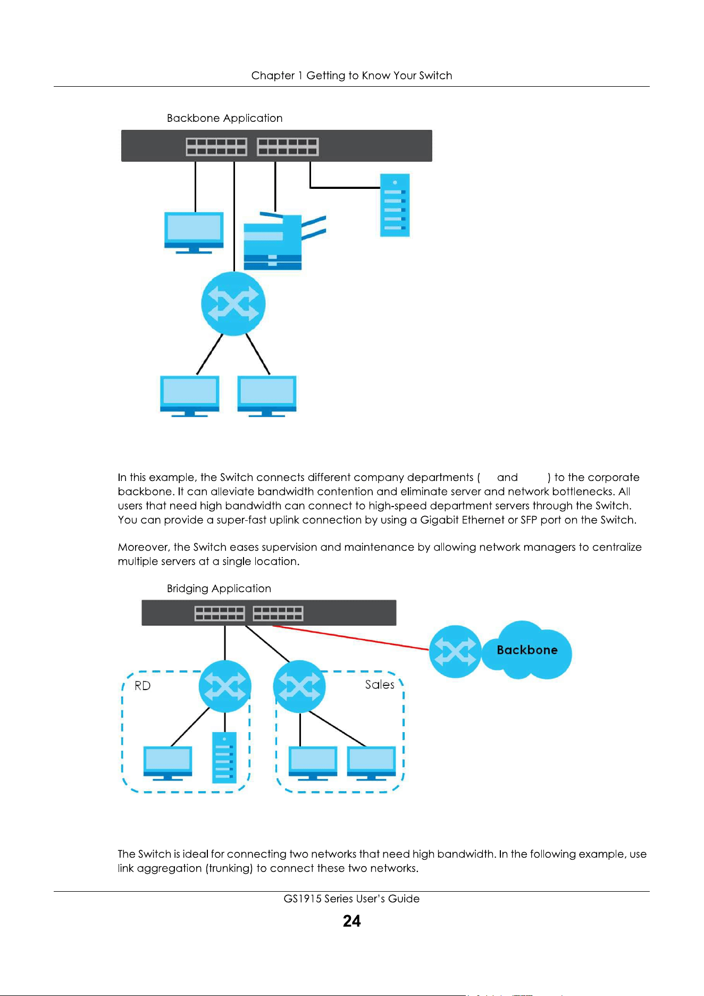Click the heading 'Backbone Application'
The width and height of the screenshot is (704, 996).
[x=224, y=118]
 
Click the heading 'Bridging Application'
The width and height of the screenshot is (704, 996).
[x=219, y=588]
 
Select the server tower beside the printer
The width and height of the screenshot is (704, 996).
[x=395, y=205]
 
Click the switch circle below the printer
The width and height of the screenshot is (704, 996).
[x=233, y=304]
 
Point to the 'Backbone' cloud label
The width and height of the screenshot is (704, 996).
[x=527, y=650]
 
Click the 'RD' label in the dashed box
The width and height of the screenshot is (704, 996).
[x=143, y=686]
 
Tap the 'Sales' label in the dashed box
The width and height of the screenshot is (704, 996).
[x=380, y=685]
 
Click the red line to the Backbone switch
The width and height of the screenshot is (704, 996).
[x=351, y=638]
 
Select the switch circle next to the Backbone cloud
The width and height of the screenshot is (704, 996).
[x=455, y=651]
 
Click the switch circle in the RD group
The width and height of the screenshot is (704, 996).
[x=225, y=686]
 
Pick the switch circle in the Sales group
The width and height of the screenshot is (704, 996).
[x=299, y=686]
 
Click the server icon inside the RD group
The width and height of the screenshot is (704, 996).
[x=224, y=757]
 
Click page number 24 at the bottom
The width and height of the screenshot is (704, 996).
[x=351, y=921]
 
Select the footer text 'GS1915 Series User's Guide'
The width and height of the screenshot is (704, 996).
[x=351, y=899]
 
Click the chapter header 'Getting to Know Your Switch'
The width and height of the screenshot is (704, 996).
[x=379, y=76]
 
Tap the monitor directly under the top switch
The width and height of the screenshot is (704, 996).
[x=194, y=233]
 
